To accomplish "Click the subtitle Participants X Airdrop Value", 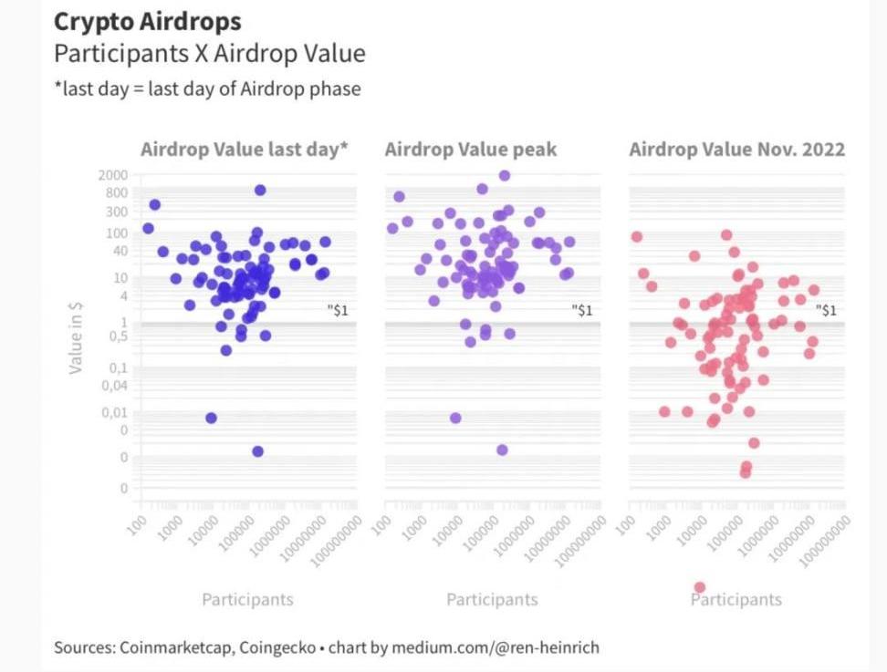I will click(209, 53).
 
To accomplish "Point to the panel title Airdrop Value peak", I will click(470, 149).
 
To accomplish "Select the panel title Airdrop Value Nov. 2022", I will click(736, 149).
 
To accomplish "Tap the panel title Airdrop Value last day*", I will click(244, 149).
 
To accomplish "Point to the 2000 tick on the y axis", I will click(113, 175).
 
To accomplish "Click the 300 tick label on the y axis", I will click(117, 212).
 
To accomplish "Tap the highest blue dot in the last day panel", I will click(260, 190).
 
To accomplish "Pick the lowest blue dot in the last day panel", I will click(257, 451).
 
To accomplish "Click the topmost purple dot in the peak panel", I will click(505, 175).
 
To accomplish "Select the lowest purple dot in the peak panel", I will click(502, 450).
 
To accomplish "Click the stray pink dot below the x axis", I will click(700, 587).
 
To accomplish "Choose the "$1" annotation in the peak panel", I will click(581, 310).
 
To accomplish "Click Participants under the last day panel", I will click(247, 599).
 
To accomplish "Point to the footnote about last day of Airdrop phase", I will click(207, 88).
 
